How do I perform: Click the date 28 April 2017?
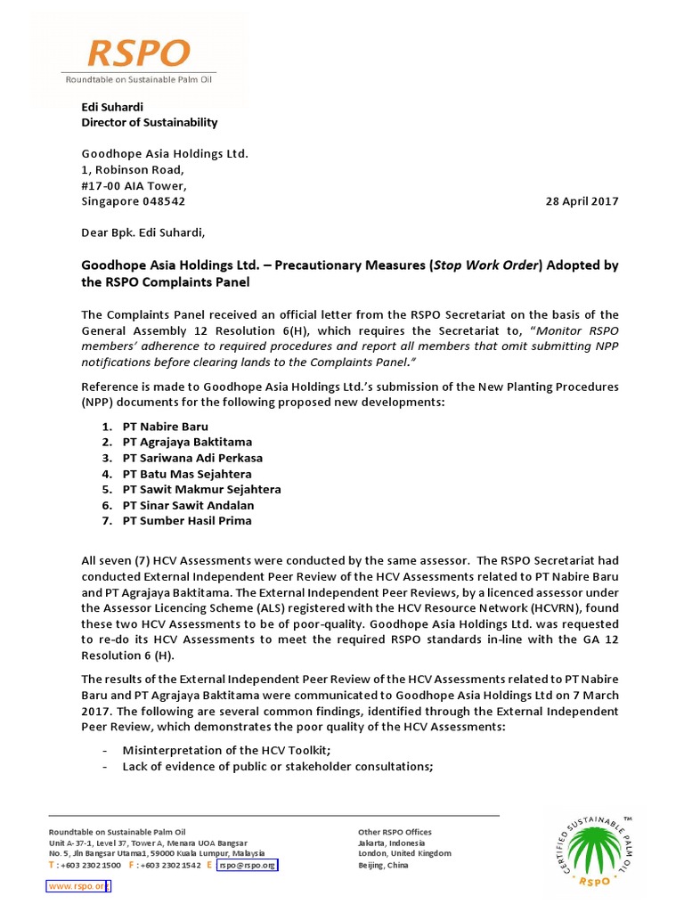click(581, 201)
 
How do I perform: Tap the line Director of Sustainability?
click(149, 122)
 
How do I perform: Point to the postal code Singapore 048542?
click(134, 201)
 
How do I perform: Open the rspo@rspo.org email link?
click(247, 865)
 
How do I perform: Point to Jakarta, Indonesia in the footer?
click(391, 843)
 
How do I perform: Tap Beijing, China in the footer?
click(383, 865)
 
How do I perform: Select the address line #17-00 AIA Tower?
click(134, 185)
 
